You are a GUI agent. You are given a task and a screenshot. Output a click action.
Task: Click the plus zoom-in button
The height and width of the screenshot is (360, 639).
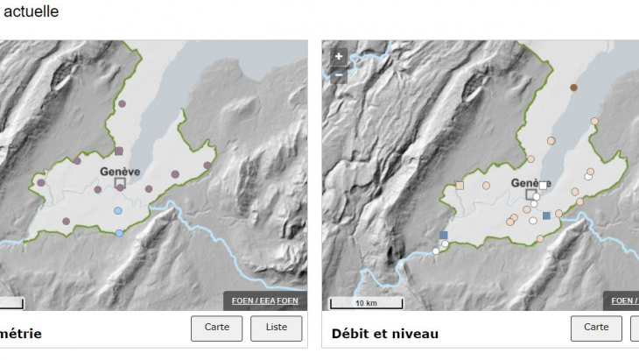[x=339, y=56]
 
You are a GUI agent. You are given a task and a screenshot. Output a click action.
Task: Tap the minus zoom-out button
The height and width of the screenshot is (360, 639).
[x=339, y=74]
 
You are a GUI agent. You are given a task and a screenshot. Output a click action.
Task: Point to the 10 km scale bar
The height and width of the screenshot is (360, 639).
[x=366, y=303]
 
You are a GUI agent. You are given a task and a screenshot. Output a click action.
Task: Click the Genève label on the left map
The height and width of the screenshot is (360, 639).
[x=120, y=171]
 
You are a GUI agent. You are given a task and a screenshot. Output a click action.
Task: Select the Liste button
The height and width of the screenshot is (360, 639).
[x=276, y=328]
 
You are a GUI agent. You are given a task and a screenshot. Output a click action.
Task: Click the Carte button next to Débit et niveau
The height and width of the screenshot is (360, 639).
[x=596, y=328]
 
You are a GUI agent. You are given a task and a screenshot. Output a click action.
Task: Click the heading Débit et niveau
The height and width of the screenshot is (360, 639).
[x=385, y=334]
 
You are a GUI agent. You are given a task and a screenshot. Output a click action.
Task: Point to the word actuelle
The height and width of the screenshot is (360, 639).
[x=32, y=12]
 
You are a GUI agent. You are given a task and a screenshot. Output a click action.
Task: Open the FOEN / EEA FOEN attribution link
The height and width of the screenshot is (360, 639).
[x=265, y=300]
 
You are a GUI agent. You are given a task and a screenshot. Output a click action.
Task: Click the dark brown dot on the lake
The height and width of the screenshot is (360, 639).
[x=573, y=88]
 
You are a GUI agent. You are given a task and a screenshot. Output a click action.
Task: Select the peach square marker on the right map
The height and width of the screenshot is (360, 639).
[x=460, y=186]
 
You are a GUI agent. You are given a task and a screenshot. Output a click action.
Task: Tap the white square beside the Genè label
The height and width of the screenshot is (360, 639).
[x=543, y=186]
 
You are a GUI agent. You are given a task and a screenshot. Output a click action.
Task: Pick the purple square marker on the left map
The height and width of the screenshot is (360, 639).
[x=119, y=152]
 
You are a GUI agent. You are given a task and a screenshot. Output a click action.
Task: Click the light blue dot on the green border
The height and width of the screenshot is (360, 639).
[x=119, y=232]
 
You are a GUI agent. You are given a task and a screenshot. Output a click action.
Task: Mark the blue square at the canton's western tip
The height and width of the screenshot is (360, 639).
[x=444, y=235]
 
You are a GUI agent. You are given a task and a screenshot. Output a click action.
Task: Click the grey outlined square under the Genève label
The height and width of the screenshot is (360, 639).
[x=120, y=183]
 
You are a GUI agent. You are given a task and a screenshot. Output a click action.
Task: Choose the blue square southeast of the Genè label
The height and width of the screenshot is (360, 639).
[x=546, y=215]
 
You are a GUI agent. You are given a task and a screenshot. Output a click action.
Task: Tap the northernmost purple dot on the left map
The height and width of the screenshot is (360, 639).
[x=122, y=103]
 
